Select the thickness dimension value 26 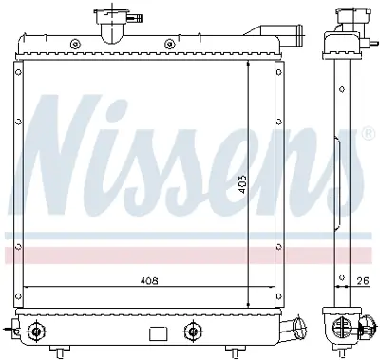tap(361, 280)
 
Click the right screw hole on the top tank tap(170, 43)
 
